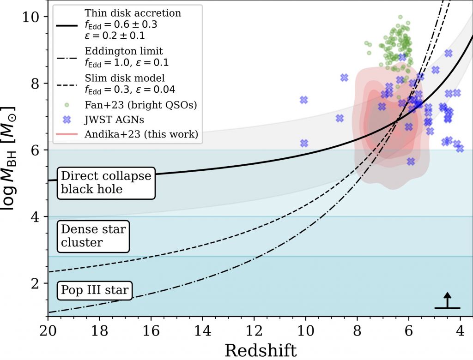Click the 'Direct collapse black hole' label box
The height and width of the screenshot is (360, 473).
106,182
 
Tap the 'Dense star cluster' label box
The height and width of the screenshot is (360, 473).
93,235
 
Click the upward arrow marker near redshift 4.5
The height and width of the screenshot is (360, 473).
447,300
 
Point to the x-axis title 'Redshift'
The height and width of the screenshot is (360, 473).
261,350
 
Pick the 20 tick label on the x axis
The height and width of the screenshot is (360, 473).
48,330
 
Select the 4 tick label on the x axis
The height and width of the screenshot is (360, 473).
460,330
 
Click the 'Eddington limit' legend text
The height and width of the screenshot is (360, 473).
124,51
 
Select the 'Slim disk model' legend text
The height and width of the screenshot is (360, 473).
125,78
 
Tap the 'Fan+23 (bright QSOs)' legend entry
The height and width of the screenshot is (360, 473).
141,105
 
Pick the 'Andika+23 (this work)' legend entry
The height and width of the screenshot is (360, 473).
141,135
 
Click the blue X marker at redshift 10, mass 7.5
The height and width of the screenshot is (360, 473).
304,100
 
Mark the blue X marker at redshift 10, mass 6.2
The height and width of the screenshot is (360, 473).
304,143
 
